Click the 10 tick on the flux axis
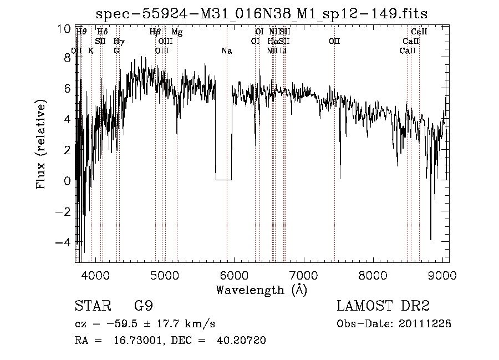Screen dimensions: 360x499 [64, 28]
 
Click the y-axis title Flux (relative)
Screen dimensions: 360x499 [42, 145]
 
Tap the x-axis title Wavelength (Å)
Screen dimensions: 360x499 [261, 290]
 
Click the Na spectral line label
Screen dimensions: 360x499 [226, 51]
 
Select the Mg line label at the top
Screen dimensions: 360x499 [176, 32]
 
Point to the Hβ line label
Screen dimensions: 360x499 [155, 32]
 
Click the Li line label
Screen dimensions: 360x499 [283, 51]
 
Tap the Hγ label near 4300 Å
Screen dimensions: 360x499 [119, 42]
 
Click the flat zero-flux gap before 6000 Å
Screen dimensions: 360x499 [223, 179]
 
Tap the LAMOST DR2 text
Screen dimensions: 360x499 [383, 306]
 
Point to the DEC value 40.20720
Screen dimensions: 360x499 [242, 340]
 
